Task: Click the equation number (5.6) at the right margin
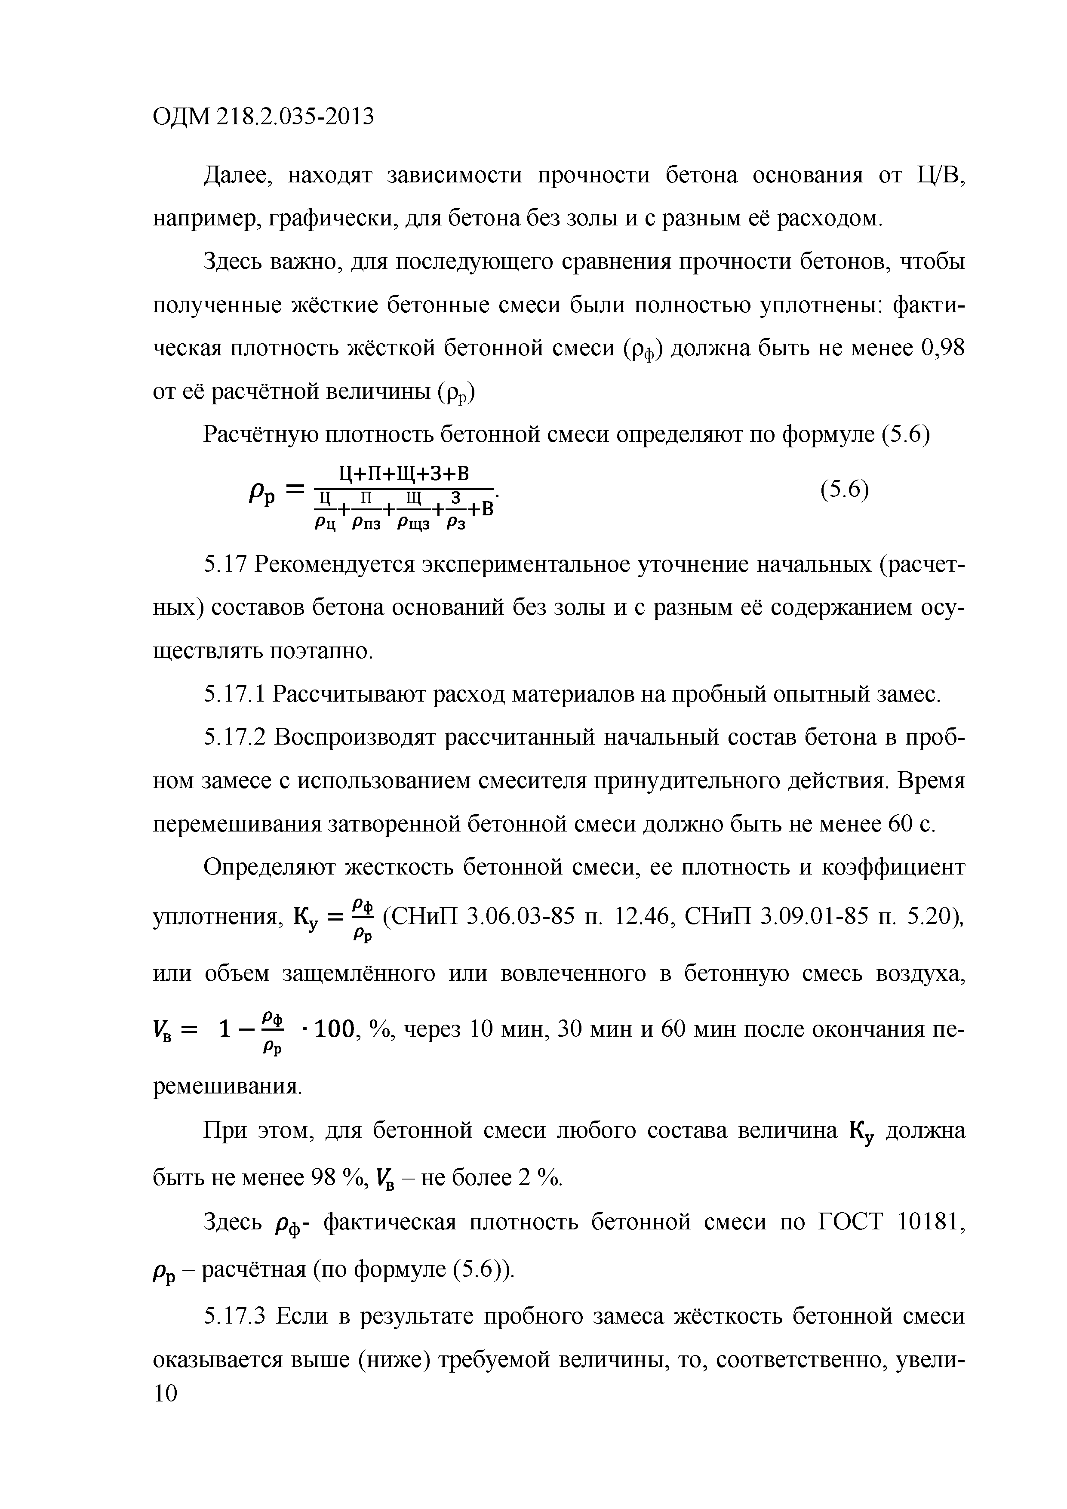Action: (844, 490)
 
